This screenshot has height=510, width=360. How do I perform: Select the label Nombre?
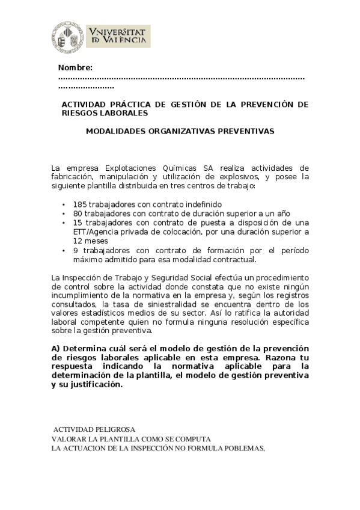click(75, 67)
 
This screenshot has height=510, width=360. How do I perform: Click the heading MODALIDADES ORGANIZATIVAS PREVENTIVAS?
click(180, 130)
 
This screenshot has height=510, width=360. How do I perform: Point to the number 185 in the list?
click(79, 204)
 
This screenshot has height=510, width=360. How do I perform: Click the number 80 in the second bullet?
click(78, 214)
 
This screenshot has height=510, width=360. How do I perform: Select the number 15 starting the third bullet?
click(78, 223)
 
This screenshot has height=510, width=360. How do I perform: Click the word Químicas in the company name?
click(182, 168)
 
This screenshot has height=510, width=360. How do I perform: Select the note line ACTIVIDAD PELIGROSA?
click(94, 429)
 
